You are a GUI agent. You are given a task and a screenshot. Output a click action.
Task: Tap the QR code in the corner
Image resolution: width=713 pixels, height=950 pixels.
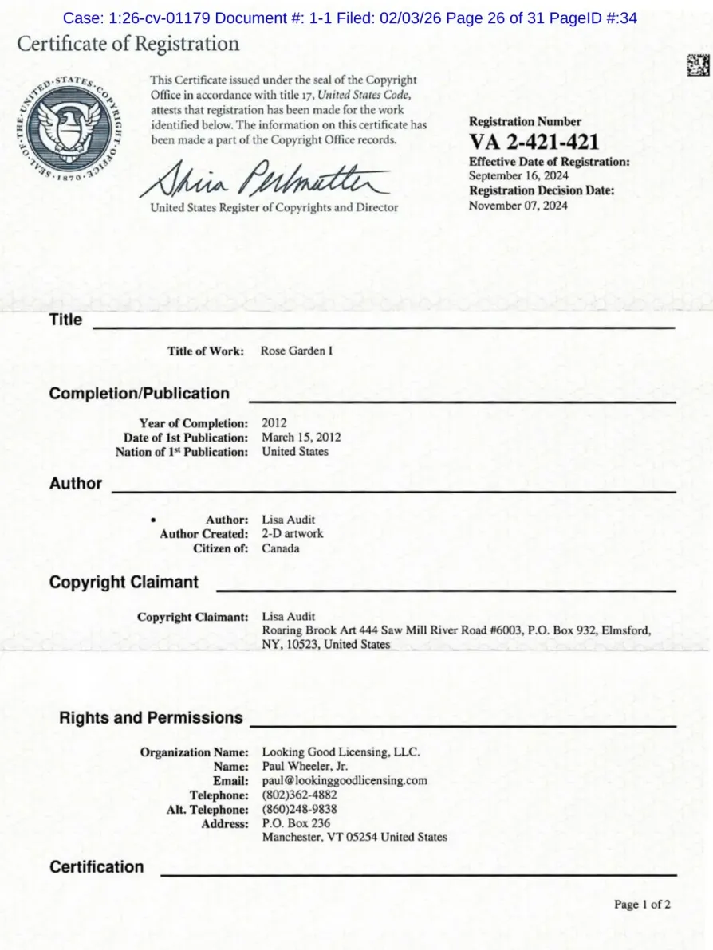(698, 65)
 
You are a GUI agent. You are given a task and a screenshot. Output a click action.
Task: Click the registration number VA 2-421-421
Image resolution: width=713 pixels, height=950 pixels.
(534, 143)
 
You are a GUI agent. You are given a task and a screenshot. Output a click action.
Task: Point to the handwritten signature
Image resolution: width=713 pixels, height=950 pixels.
(264, 179)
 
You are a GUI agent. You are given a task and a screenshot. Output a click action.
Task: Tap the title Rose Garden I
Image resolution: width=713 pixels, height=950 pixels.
(297, 351)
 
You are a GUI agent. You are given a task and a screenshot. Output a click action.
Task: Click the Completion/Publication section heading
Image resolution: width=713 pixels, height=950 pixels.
(139, 394)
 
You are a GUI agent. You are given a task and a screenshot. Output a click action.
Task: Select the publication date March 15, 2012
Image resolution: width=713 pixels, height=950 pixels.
(301, 438)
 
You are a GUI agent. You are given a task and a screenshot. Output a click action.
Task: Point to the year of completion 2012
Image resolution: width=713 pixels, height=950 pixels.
(274, 423)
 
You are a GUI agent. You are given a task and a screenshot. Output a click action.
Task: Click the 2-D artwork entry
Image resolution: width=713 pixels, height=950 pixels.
(293, 533)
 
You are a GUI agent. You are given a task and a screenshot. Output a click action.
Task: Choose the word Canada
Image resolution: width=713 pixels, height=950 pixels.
(281, 548)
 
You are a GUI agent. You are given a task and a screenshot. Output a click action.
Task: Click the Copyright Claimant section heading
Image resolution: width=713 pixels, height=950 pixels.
(124, 583)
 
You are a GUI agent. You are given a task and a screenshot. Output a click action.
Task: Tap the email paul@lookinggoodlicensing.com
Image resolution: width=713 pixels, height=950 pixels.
(345, 780)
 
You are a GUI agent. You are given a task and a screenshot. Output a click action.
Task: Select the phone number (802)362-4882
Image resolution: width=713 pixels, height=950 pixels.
(299, 795)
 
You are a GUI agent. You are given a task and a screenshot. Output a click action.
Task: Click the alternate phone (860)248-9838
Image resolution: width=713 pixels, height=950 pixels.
(299, 809)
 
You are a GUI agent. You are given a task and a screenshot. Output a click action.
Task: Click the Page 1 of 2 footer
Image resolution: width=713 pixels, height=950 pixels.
(642, 905)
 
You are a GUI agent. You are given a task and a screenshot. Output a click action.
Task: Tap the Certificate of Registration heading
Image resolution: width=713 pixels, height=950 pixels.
(128, 44)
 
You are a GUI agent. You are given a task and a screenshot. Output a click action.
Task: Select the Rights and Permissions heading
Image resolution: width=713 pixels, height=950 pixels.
(151, 718)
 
